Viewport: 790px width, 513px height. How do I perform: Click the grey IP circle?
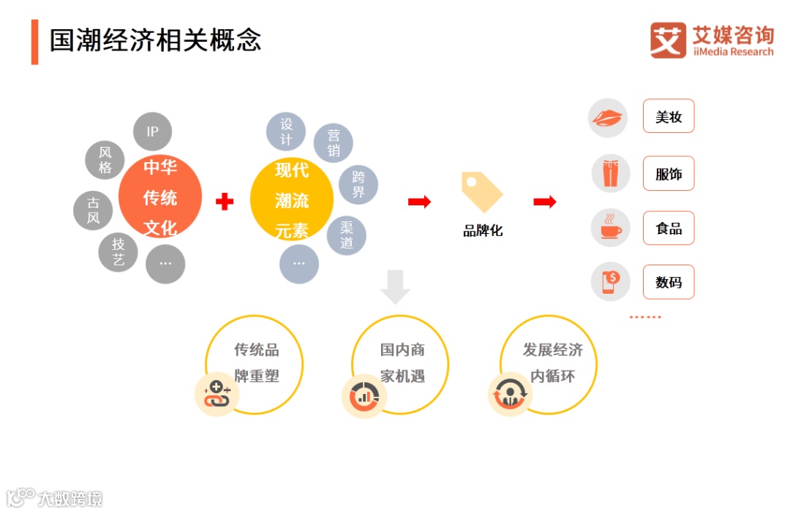click(x=152, y=132)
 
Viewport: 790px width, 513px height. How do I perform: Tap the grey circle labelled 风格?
click(x=105, y=161)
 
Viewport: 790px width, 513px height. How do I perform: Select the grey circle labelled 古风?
click(x=93, y=210)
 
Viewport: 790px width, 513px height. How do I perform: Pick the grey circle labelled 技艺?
click(x=118, y=252)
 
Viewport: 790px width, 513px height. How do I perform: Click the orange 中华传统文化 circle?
click(x=160, y=197)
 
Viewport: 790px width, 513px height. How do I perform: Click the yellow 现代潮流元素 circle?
click(x=292, y=199)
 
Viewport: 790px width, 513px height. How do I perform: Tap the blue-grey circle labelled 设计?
click(x=286, y=132)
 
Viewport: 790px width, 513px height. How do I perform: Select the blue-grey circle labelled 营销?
click(x=334, y=143)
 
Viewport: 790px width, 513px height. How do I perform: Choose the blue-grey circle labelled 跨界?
click(x=358, y=185)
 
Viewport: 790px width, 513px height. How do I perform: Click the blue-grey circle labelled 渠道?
click(x=347, y=235)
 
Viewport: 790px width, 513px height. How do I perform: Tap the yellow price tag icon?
click(x=481, y=192)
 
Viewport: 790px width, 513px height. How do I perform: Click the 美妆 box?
click(x=669, y=116)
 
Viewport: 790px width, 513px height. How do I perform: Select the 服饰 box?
click(x=669, y=174)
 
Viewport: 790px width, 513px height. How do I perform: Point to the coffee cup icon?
click(x=610, y=228)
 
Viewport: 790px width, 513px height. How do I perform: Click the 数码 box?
click(x=669, y=282)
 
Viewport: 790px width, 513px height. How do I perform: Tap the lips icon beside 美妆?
click(x=608, y=118)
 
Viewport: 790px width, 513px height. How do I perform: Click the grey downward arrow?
click(x=395, y=286)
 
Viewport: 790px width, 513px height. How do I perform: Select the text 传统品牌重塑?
click(x=257, y=363)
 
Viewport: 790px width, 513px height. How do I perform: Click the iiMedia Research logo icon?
click(x=668, y=40)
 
